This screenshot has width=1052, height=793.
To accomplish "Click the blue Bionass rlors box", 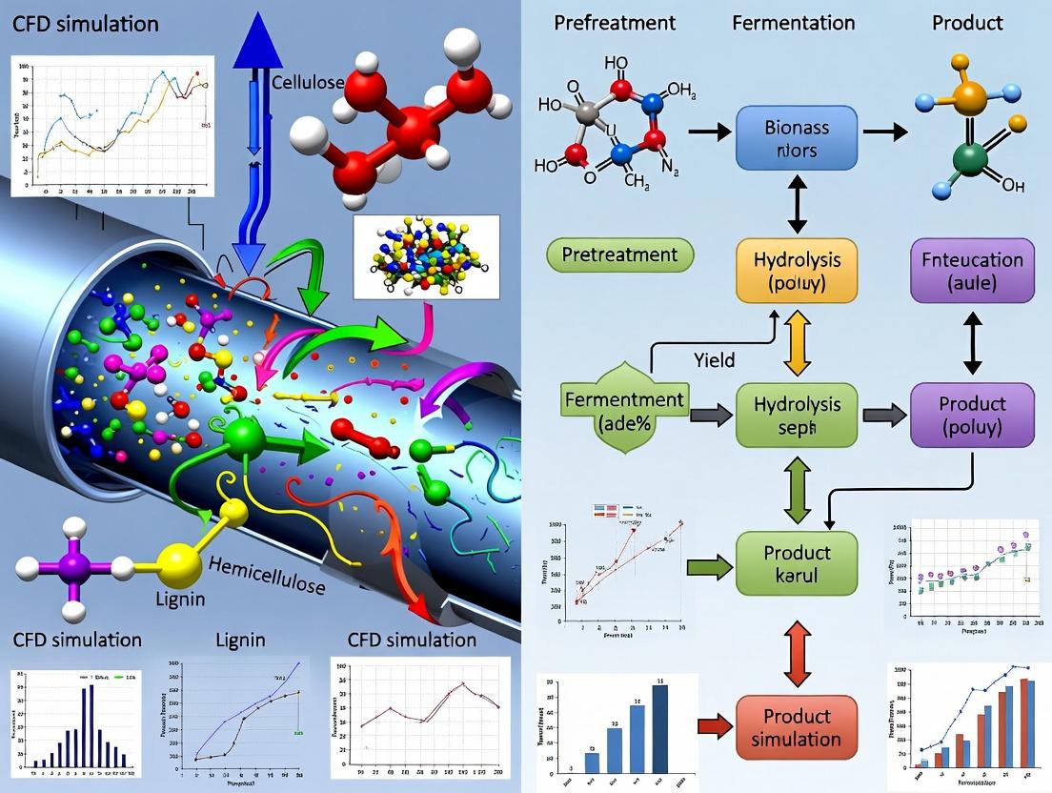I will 798,139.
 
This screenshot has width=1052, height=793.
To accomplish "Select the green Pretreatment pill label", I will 619,254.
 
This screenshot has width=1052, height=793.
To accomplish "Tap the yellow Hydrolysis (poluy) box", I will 798,272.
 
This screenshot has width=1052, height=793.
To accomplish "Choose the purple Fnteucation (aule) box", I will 973,272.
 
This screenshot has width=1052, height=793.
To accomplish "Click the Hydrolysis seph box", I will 798,416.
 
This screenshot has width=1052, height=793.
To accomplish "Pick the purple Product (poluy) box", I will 973,416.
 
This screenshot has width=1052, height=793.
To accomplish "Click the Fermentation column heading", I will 796,22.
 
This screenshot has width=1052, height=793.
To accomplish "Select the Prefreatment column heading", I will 615,22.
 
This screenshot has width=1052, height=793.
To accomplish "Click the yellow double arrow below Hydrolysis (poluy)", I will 798,344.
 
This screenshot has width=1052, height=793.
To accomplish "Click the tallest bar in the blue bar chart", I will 659,729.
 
